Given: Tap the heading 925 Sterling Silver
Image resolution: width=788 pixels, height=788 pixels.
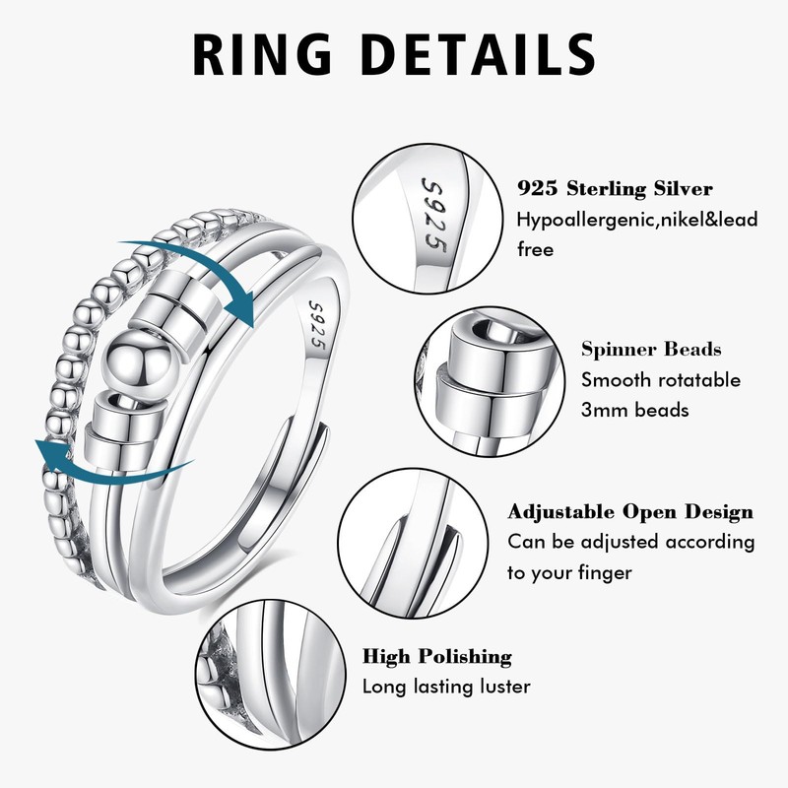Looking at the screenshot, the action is click(x=615, y=188).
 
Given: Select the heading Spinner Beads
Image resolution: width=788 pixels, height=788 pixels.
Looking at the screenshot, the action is click(x=651, y=349).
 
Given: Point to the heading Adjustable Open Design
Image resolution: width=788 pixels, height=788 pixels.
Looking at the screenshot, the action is click(x=630, y=511).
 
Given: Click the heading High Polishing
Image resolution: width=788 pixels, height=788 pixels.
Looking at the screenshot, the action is click(x=437, y=656).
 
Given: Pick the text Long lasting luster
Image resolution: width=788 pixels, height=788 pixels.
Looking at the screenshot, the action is click(x=446, y=687).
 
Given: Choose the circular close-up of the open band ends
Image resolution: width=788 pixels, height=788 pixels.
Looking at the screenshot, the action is click(x=414, y=543).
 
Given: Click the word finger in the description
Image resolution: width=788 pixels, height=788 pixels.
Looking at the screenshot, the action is click(x=598, y=572).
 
